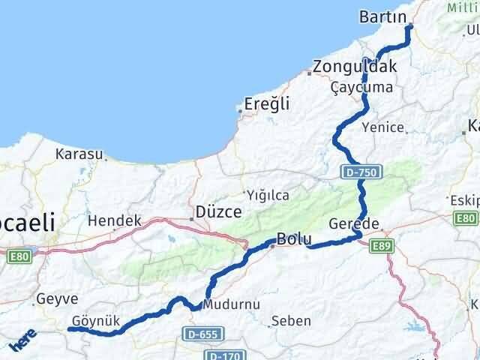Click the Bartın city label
382,16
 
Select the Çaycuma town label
361,87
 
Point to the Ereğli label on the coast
267,104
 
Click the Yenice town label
382,127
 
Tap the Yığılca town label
269,195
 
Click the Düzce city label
217,211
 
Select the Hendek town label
115,221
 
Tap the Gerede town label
354,223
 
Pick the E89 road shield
382,245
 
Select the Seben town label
291,321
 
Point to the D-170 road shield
223,355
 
